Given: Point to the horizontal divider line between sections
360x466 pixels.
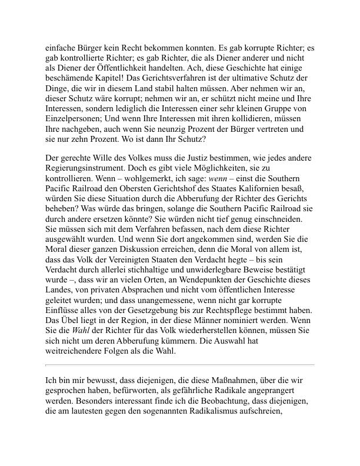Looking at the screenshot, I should (180, 365).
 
